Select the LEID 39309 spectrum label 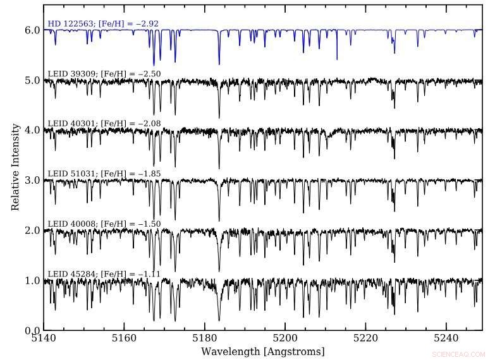pyautogui.click(x=104, y=74)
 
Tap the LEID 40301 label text pyautogui.click(x=104, y=123)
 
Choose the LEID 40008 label pyautogui.click(x=104, y=224)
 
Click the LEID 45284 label pyautogui.click(x=104, y=273)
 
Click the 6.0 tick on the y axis pyautogui.click(x=33, y=30)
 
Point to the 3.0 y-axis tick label pyautogui.click(x=33, y=181)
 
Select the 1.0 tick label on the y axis pyautogui.click(x=33, y=280)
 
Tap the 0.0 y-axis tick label pyautogui.click(x=33, y=330)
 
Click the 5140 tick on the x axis pyautogui.click(x=44, y=339)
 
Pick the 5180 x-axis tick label pyautogui.click(x=205, y=339)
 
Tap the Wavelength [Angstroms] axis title pyautogui.click(x=263, y=351)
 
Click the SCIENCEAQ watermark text pyautogui.click(x=467, y=355)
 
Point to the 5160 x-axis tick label pyautogui.click(x=125, y=339)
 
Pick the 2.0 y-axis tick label pyautogui.click(x=33, y=231)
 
